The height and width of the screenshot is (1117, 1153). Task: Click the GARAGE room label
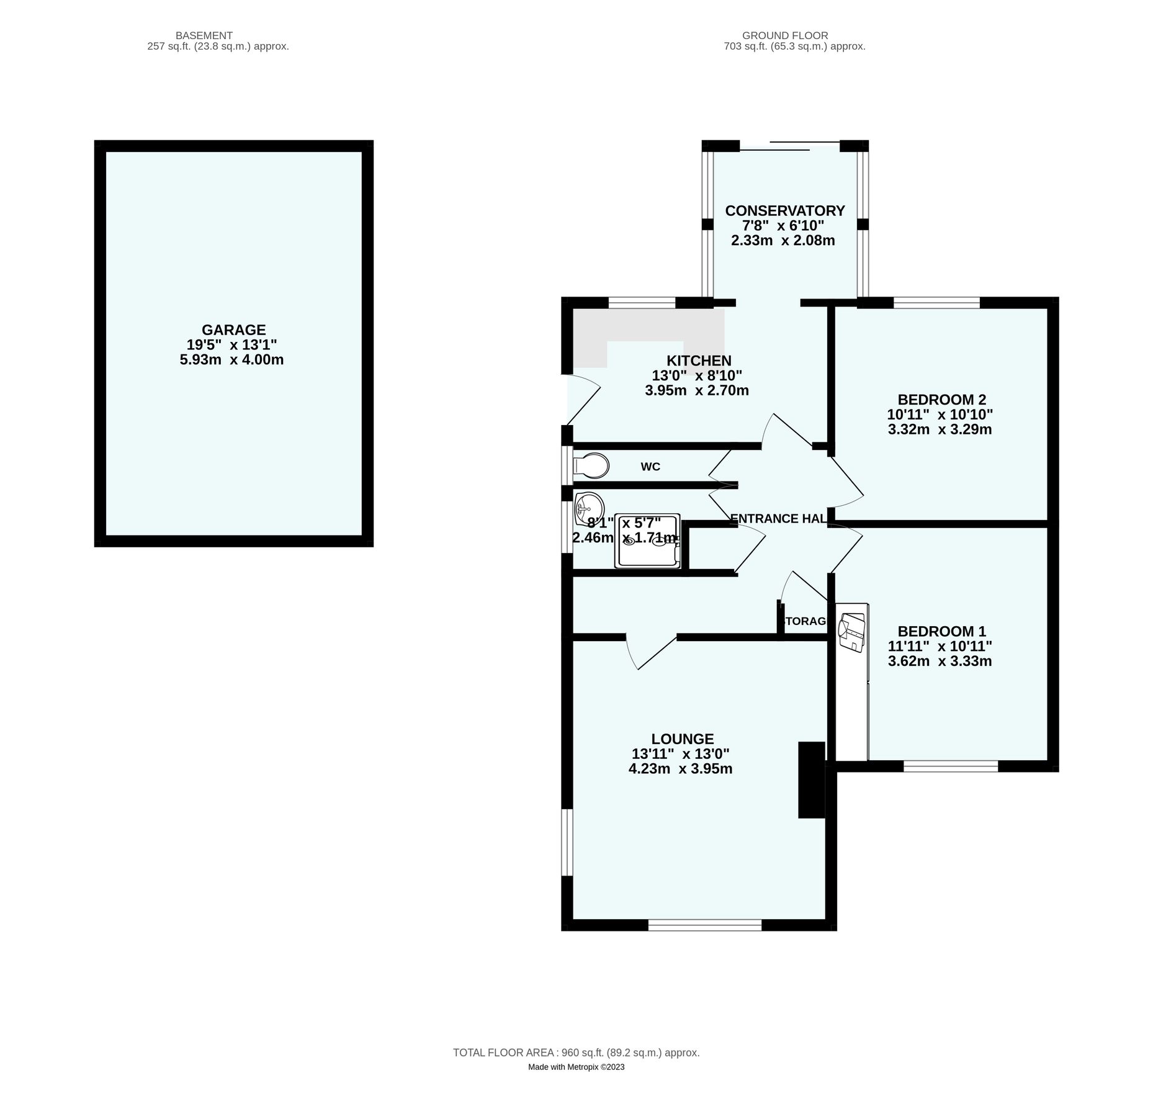tap(233, 330)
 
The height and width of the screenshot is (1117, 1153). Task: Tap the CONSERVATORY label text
tap(784, 210)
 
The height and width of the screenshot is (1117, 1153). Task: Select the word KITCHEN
tap(698, 361)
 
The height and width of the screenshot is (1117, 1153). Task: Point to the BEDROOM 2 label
tap(941, 399)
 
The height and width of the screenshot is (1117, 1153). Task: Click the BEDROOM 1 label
tap(941, 631)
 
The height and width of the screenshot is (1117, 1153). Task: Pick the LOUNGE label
tap(682, 738)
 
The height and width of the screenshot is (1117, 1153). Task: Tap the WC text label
tap(650, 467)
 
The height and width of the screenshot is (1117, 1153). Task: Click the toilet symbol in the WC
tap(591, 465)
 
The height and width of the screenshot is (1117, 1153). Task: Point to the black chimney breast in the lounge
tap(810, 779)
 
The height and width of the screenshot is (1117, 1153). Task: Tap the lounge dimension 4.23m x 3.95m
tap(680, 769)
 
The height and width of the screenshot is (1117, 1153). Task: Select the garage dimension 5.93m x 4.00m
tap(231, 360)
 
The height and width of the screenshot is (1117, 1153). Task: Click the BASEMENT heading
tap(204, 35)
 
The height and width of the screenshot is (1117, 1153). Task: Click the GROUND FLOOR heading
tap(784, 35)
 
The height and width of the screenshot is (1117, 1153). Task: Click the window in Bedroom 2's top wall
tap(936, 303)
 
